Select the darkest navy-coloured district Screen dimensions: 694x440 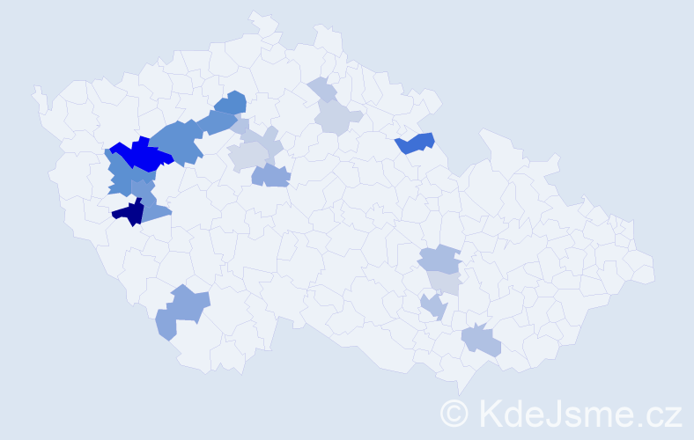point(129,212)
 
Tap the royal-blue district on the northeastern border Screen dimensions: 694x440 point(415,143)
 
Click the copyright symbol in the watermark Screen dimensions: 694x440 point(455,412)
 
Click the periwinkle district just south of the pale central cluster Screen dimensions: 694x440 point(271,175)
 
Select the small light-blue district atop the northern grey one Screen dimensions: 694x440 point(323,90)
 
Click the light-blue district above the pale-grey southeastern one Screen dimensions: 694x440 point(439,260)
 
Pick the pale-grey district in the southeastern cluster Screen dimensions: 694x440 point(446,282)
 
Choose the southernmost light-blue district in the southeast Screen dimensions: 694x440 point(481,341)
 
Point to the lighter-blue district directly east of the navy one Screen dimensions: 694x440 point(155,210)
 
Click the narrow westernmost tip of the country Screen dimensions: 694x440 point(37,92)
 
